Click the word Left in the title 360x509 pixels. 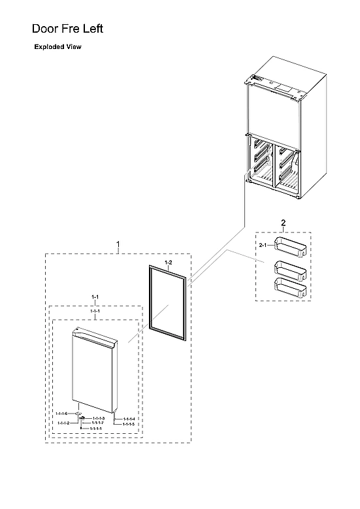(91, 29)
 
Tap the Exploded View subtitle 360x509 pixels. (58, 48)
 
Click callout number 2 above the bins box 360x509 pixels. (283, 223)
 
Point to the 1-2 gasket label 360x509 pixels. (169, 263)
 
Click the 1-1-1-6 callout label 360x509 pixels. (62, 414)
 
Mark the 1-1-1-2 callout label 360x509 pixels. (63, 423)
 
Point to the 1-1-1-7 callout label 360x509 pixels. (97, 423)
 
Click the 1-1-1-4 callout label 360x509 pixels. (127, 419)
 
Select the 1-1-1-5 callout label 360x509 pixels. (127, 424)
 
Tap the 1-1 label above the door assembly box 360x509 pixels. (95, 298)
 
